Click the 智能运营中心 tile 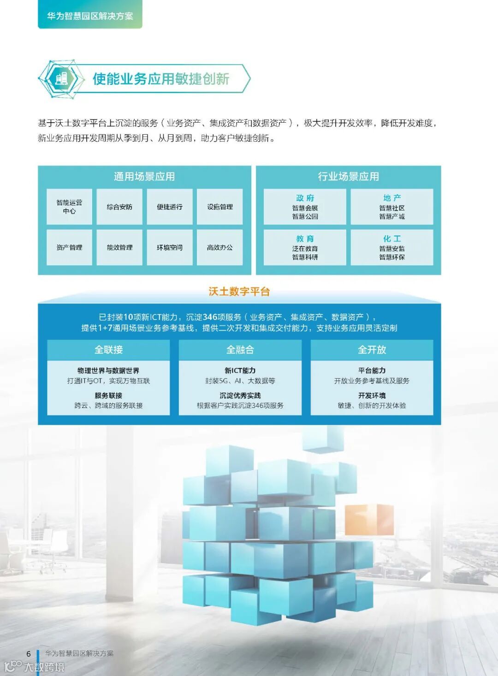click(x=69, y=207)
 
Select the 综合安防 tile click(x=119, y=207)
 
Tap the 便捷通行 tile click(x=170, y=207)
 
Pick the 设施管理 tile click(x=219, y=207)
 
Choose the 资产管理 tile click(x=69, y=247)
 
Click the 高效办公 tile click(x=219, y=247)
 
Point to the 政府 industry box click(x=305, y=207)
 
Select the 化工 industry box click(x=392, y=247)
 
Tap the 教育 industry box click(x=305, y=247)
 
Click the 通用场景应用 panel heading click(x=144, y=177)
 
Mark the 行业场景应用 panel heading click(x=349, y=177)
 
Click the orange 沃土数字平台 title click(x=239, y=291)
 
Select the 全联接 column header click(x=108, y=350)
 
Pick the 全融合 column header click(x=240, y=350)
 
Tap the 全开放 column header click(x=372, y=350)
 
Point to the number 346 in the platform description click(x=210, y=317)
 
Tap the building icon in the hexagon click(x=61, y=78)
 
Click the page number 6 click(x=29, y=653)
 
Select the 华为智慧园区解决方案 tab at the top click(x=90, y=16)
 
